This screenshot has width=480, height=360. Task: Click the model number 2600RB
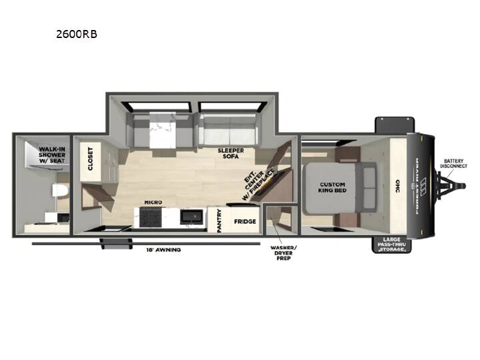pyautogui.click(x=77, y=34)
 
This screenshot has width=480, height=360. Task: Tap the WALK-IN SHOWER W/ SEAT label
pyautogui.click(x=52, y=155)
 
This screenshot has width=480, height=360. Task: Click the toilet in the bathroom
pyautogui.click(x=60, y=191)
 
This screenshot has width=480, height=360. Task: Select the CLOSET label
pyautogui.click(x=90, y=159)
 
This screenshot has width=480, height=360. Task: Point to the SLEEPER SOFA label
pyautogui.click(x=231, y=153)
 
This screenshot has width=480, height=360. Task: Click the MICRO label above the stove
pyautogui.click(x=153, y=203)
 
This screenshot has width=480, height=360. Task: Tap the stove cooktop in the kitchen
pyautogui.click(x=150, y=217)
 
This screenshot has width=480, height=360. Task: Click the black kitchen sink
pyautogui.click(x=191, y=217)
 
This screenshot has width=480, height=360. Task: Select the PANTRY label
pyautogui.click(x=219, y=221)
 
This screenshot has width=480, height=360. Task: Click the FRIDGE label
pyautogui.click(x=245, y=221)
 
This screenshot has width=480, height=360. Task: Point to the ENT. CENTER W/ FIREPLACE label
pyautogui.click(x=258, y=183)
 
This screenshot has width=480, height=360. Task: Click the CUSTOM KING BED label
pyautogui.click(x=333, y=187)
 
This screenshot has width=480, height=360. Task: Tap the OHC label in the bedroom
pyautogui.click(x=397, y=186)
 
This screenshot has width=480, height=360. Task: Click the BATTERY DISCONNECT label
pyautogui.click(x=454, y=163)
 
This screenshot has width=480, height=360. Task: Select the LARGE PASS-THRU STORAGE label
pyautogui.click(x=391, y=245)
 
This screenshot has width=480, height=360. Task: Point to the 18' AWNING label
pyautogui.click(x=163, y=250)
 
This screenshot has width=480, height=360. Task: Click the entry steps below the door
pyautogui.click(x=116, y=243)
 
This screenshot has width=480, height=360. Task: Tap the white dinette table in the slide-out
pyautogui.click(x=163, y=130)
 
